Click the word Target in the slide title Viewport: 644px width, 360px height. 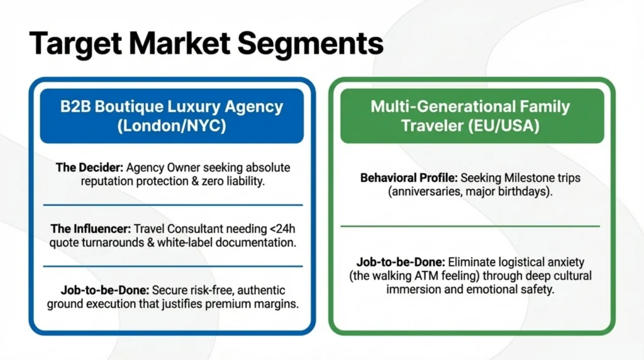click(x=75, y=43)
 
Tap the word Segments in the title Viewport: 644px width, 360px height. click(x=311, y=43)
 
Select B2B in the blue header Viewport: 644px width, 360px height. click(x=75, y=106)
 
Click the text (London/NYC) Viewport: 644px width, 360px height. click(x=172, y=125)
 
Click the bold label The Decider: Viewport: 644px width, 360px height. click(x=89, y=167)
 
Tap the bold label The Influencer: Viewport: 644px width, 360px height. click(x=91, y=229)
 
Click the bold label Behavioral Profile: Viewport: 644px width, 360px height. click(x=409, y=178)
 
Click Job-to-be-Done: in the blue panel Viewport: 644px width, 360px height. click(x=105, y=291)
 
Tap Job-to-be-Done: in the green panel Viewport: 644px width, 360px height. click(x=401, y=262)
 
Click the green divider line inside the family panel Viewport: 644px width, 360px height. click(x=470, y=226)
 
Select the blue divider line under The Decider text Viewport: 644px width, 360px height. click(x=173, y=205)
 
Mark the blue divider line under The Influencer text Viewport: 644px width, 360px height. click(x=173, y=266)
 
